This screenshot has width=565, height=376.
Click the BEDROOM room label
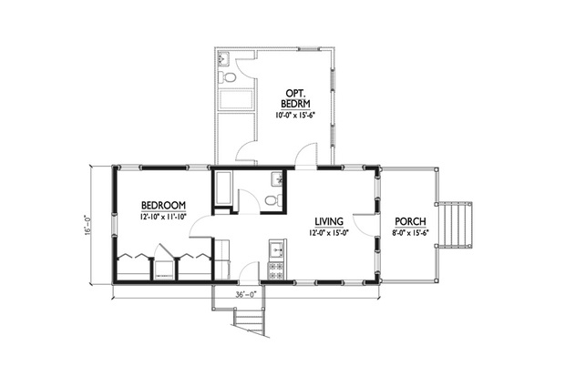(164, 205)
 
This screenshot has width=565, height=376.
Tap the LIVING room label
(329, 221)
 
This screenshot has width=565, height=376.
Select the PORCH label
(410, 221)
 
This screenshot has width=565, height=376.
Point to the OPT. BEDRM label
(295, 98)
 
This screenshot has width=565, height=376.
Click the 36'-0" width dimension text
(246, 294)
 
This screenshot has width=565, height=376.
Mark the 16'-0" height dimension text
(87, 226)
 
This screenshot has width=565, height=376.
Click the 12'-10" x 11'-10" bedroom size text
(164, 217)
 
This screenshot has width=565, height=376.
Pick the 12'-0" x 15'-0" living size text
(329, 233)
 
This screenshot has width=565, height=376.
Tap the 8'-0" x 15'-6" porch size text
(410, 233)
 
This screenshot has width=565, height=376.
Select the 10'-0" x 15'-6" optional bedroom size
(295, 116)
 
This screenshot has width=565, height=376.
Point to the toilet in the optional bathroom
(227, 76)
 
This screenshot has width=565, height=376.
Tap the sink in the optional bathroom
(224, 58)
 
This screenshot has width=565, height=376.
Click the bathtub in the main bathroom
(223, 188)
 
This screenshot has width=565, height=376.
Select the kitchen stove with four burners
(276, 270)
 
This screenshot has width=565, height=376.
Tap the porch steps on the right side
(454, 225)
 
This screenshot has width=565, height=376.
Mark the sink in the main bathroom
(277, 178)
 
